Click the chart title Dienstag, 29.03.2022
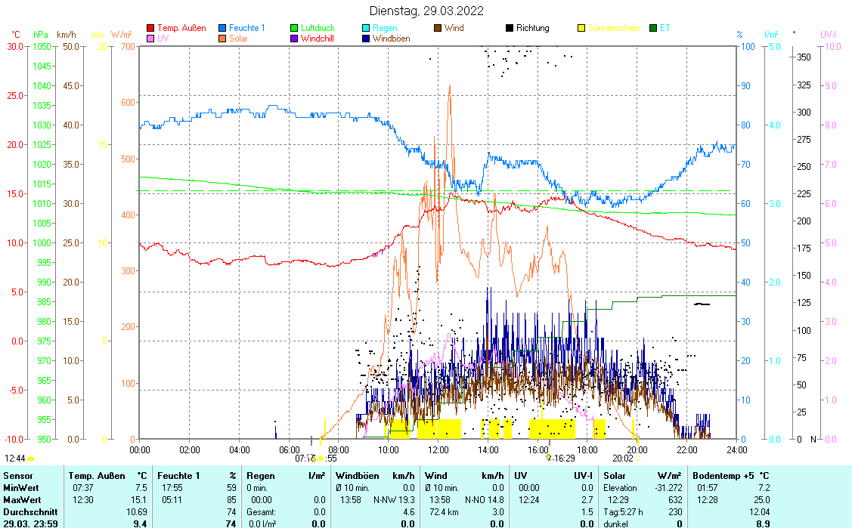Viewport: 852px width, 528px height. click(426, 11)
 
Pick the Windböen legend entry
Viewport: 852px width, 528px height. click(391, 39)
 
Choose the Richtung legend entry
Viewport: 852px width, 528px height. click(532, 28)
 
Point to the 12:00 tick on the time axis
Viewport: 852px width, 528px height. click(438, 449)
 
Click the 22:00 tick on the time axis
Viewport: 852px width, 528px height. click(687, 449)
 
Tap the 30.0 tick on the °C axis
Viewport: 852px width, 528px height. click(14, 46)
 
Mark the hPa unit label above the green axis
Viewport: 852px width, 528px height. click(40, 35)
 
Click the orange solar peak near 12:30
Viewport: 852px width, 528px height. click(450, 86)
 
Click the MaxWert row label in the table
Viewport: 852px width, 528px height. click(20, 499)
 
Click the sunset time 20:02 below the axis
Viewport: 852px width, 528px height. click(622, 458)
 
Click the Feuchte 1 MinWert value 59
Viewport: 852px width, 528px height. click(231, 488)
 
